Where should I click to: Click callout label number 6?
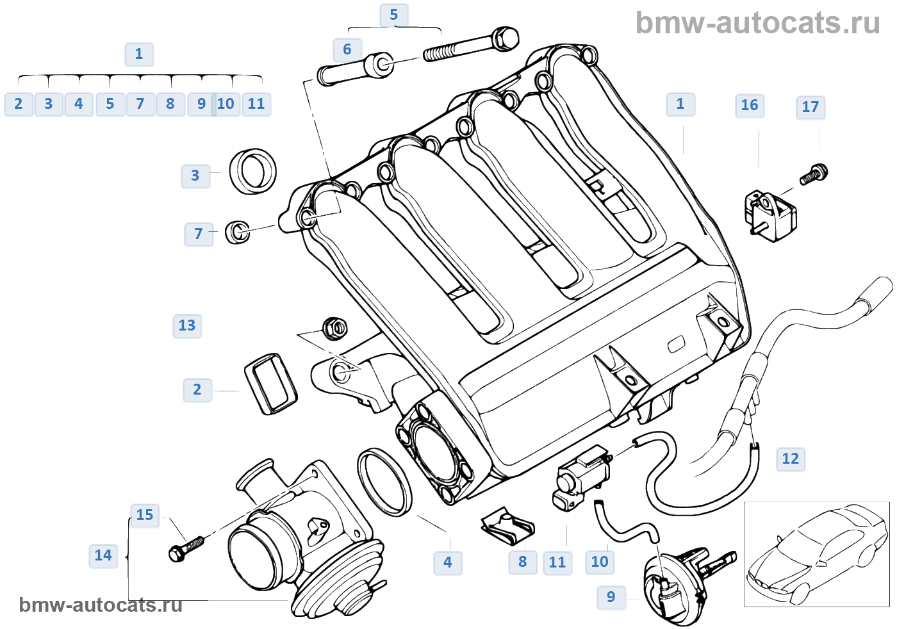pyautogui.click(x=347, y=50)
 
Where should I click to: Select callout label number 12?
pyautogui.click(x=791, y=459)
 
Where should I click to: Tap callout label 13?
pyautogui.click(x=187, y=326)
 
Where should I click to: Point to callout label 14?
pyautogui.click(x=103, y=556)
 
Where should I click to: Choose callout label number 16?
pyautogui.click(x=750, y=106)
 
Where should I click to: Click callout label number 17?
pyautogui.click(x=811, y=108)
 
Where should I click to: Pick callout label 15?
pyautogui.click(x=145, y=515)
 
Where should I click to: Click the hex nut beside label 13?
pyautogui.click(x=334, y=329)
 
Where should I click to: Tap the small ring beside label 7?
pyautogui.click(x=238, y=232)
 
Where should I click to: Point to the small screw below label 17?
pyautogui.click(x=814, y=175)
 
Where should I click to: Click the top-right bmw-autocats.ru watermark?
pyautogui.click(x=757, y=23)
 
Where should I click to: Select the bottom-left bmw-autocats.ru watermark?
pyautogui.click(x=101, y=605)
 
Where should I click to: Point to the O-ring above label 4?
pyautogui.click(x=384, y=482)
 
